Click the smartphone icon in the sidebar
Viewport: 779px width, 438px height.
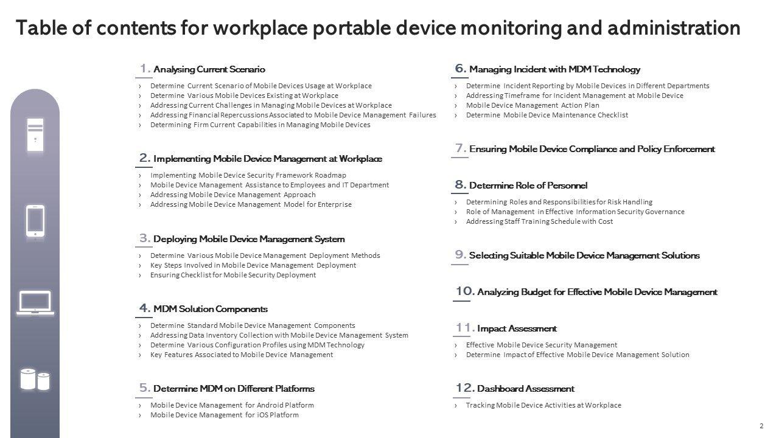tap(35, 220)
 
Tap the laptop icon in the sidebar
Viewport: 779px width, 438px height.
tap(35, 303)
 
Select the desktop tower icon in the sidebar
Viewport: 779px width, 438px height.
tap(35, 134)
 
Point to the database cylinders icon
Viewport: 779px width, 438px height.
tap(35, 379)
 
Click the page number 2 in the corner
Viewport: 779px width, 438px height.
tap(761, 426)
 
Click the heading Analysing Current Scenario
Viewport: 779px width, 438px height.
tap(209, 69)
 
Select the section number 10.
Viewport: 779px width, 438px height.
tap(464, 291)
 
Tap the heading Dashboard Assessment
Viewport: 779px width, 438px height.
tap(526, 389)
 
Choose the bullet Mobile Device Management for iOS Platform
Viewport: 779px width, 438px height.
tap(224, 415)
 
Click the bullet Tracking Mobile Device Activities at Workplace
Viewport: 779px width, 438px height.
tap(543, 405)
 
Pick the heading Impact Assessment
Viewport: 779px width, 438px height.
tap(517, 328)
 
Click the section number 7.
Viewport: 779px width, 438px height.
tap(461, 148)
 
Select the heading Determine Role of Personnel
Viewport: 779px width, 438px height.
tap(528, 186)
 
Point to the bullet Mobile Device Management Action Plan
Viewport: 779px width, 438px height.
tap(533, 105)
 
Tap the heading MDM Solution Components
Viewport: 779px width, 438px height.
tap(211, 309)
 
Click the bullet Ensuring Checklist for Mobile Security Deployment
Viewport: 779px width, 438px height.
tap(233, 275)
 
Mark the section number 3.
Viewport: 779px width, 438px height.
tap(145, 238)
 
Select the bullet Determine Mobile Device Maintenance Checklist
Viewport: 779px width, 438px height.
tap(547, 115)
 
